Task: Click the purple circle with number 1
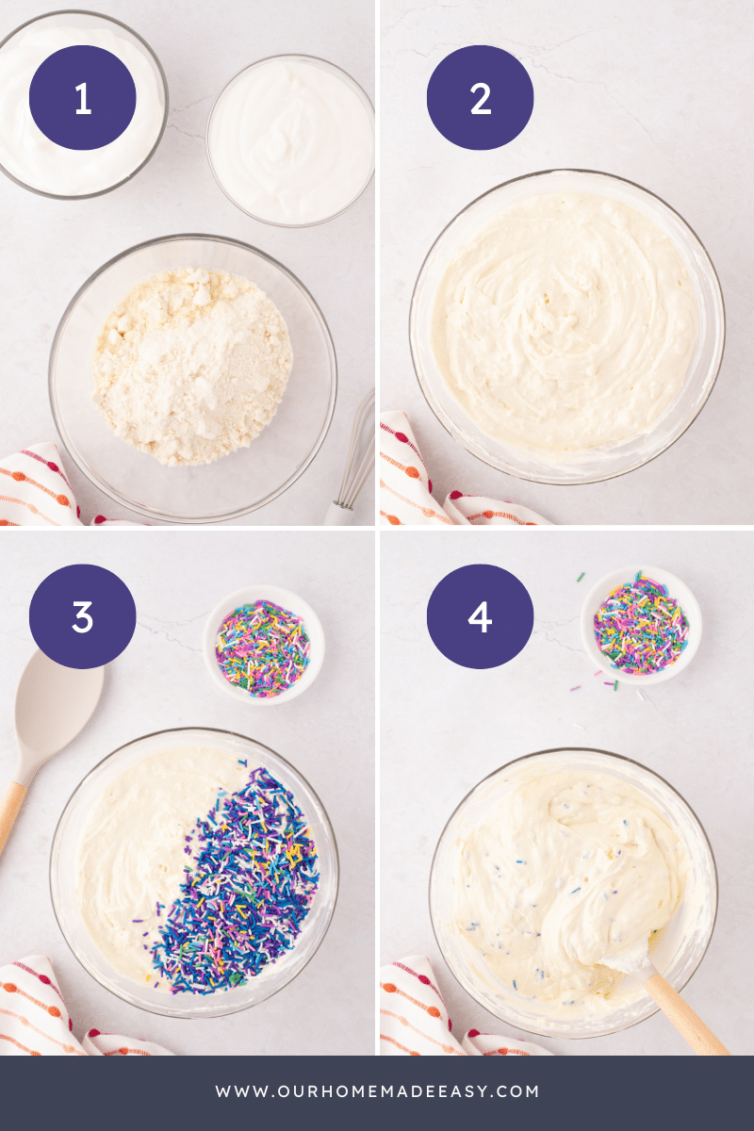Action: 83,98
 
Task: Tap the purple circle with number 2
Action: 481,98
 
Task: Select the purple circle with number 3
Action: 83,616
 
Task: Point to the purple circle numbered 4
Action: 481,616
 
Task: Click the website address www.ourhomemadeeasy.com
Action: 377,1091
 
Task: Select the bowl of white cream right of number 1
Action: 290,139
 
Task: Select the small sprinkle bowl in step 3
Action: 263,645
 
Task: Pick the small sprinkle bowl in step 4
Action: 641,624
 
